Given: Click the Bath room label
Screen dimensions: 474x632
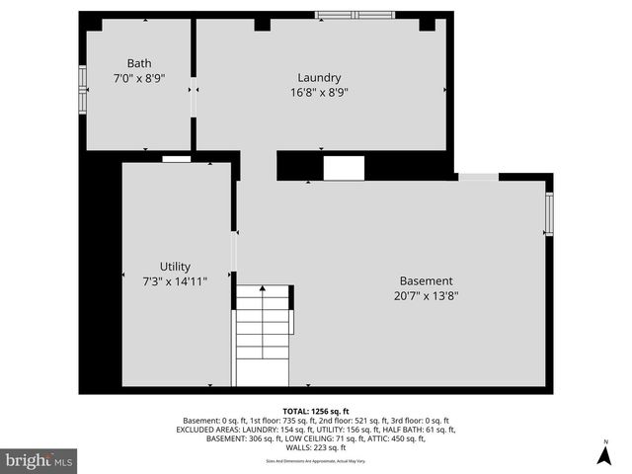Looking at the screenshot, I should [138, 63].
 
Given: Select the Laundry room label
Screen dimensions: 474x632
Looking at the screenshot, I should [319, 78].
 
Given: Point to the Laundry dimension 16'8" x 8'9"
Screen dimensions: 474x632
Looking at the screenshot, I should [319, 92].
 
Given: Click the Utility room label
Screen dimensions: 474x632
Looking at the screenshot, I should [175, 267].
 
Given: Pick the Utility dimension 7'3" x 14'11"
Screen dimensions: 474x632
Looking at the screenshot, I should [175, 280].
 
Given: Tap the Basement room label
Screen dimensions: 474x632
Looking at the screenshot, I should [426, 280].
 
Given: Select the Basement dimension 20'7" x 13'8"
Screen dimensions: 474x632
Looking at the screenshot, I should [426, 294].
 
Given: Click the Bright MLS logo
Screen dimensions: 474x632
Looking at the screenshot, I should [39, 460].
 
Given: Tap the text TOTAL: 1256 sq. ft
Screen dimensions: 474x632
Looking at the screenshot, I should [316, 410].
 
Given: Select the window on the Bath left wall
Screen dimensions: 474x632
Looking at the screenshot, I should [83, 91].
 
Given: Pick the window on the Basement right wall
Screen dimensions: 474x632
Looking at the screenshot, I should [549, 212].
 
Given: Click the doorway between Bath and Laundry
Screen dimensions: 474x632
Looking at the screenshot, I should [194, 99].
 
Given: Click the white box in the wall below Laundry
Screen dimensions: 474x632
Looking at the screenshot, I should [344, 168].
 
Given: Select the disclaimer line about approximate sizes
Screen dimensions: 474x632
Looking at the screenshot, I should [316, 460].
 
